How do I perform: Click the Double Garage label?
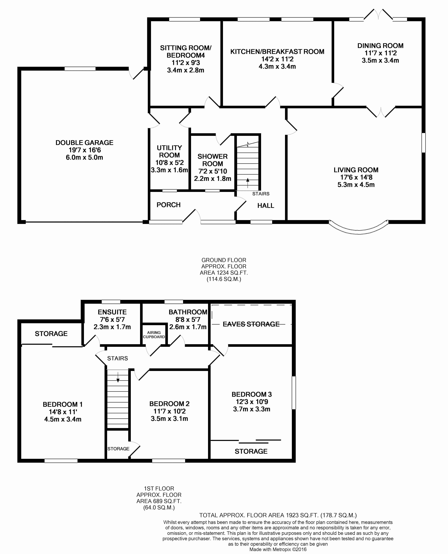coord(84,143)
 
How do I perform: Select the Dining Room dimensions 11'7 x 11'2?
coord(380,53)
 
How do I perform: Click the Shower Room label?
coord(213,160)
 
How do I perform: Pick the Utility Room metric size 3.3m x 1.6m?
coord(169,170)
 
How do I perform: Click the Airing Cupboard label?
coord(154,335)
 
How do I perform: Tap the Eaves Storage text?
coord(251,324)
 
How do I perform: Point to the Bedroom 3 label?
coord(252,394)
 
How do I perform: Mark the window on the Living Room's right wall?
coord(424,143)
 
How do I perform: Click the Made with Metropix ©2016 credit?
coord(278,549)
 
